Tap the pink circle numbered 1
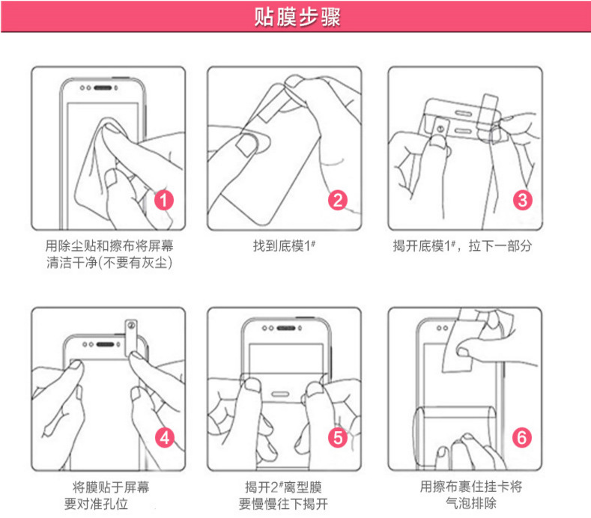(164, 200)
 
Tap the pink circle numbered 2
(339, 200)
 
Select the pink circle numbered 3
(522, 200)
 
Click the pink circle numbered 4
(164, 438)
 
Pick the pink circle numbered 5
(339, 438)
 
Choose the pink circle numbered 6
(522, 438)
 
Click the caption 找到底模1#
(284, 246)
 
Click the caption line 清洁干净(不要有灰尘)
(109, 263)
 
